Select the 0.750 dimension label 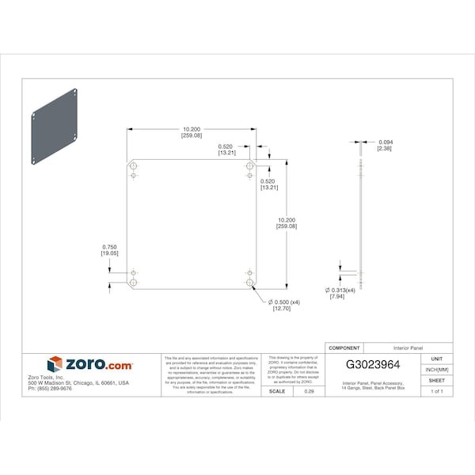109,249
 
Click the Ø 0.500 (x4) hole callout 285,306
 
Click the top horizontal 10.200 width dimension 192,132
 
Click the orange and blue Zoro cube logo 55,365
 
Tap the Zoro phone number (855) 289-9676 49,389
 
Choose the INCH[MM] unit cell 437,369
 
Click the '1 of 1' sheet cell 437,391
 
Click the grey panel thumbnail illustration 56,124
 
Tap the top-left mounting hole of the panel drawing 133,166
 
